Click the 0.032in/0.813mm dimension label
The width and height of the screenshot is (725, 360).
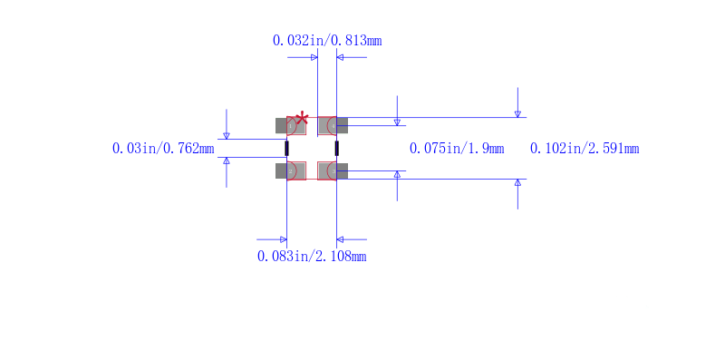[x=327, y=41]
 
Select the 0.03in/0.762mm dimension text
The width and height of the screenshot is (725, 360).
[x=163, y=149]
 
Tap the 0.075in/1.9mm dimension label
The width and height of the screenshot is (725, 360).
[x=457, y=149]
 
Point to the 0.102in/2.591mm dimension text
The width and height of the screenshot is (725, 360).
[x=585, y=149]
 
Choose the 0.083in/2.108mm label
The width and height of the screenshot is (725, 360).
[x=312, y=256]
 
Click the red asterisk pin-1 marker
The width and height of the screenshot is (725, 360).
[x=302, y=118]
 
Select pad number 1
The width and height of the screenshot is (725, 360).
[x=290, y=126]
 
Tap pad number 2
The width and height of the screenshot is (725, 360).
[x=290, y=171]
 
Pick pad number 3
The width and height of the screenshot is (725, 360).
[x=333, y=171]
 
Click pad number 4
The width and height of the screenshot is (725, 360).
[x=333, y=126]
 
